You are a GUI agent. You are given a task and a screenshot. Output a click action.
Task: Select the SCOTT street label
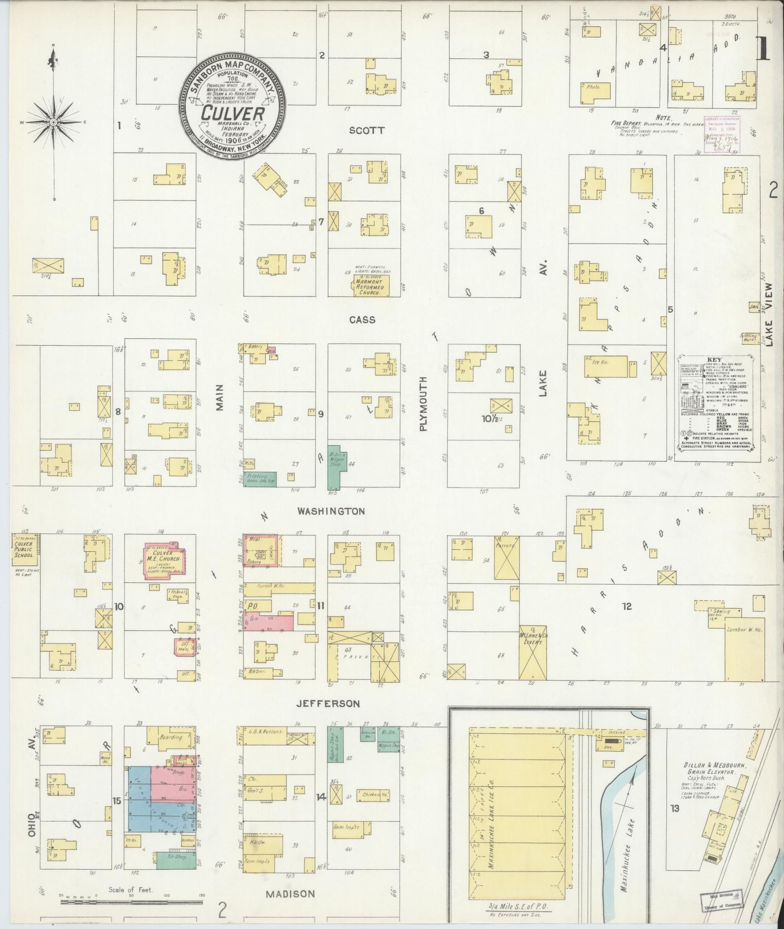click(x=367, y=130)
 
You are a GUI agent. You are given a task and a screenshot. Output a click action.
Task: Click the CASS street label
click(x=362, y=320)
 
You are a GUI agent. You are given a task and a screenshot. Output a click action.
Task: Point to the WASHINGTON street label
click(x=331, y=511)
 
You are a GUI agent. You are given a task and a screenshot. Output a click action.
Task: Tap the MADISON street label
click(x=290, y=894)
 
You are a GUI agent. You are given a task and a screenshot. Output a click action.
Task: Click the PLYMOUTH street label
click(x=422, y=404)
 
